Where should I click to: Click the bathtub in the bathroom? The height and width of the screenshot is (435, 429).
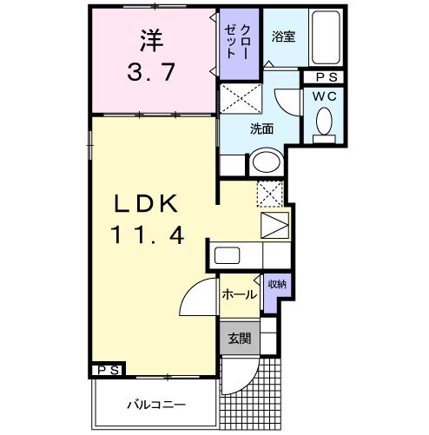click(x=327, y=40)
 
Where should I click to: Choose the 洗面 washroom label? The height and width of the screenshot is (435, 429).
click(x=262, y=129)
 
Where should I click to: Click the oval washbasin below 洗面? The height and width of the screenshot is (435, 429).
click(x=266, y=162)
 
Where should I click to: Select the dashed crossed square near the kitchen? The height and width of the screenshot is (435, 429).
click(x=270, y=194)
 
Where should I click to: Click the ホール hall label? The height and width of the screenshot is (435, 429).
click(x=240, y=294)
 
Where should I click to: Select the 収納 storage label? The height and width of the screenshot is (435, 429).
click(x=276, y=284)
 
